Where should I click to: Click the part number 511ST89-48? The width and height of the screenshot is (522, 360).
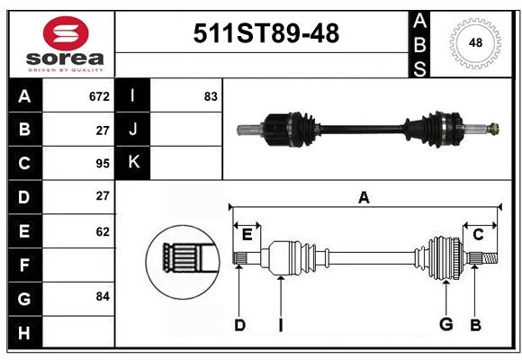tap(267, 33)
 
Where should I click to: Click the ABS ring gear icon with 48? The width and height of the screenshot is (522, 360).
tap(474, 41)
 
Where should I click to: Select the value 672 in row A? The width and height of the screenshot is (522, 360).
tap(99, 95)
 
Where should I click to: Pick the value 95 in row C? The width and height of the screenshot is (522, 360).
tap(102, 164)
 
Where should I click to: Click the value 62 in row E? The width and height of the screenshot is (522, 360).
tap(102, 231)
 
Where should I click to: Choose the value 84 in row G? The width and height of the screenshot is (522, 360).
tap(102, 295)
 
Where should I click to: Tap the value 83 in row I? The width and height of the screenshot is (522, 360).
tap(211, 95)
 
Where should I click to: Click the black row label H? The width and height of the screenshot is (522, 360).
tap(24, 334)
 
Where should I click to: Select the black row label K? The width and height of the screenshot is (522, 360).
tap(133, 163)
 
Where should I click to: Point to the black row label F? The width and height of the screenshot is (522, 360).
tap(24, 265)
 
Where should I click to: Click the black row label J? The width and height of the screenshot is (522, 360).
tap(133, 130)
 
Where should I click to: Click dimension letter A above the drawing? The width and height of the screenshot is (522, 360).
tap(364, 197)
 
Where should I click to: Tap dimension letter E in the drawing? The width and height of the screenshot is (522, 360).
tap(247, 235)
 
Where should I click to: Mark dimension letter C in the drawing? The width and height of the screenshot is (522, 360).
tap(478, 235)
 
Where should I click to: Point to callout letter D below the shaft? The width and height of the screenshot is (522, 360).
tap(239, 325)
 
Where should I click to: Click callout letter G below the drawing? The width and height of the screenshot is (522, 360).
tap(445, 325)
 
